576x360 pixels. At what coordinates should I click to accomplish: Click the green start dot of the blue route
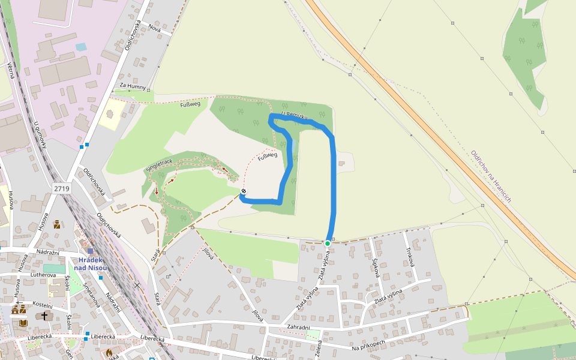pyautogui.click(x=328, y=244)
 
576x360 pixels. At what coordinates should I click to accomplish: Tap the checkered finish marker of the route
pyautogui.click(x=243, y=191)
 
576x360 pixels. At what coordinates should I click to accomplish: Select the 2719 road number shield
pyautogui.click(x=62, y=188)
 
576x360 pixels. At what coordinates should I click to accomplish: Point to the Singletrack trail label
pyautogui.click(x=159, y=166)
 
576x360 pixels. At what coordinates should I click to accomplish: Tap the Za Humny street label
pyautogui.click(x=133, y=86)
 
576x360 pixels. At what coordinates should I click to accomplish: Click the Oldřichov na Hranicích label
pyautogui.click(x=491, y=176)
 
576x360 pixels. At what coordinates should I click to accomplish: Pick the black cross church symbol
pyautogui.click(x=44, y=315)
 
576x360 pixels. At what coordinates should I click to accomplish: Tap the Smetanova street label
pyautogui.click(x=91, y=294)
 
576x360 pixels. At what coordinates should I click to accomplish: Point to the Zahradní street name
pyautogui.click(x=298, y=328)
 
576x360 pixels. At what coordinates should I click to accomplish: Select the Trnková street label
pyautogui.click(x=410, y=261)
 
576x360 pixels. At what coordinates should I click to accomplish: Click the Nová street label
pyautogui.click(x=155, y=29)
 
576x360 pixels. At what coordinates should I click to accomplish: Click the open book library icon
pyautogui.click(x=23, y=323)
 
